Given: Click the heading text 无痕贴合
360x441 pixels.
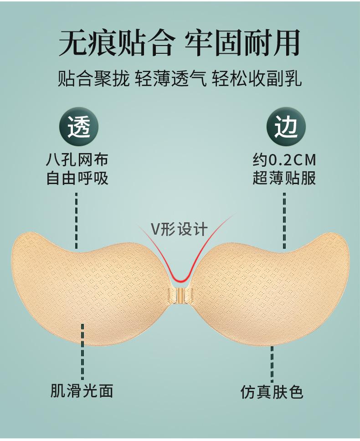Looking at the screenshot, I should (116, 44).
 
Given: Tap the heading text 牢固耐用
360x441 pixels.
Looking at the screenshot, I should (242, 44).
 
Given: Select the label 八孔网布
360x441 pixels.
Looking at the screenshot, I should (77, 160).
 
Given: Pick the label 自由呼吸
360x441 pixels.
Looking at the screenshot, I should (77, 178).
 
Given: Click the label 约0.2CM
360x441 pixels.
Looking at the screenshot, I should (285, 160).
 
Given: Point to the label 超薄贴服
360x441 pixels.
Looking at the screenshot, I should (285, 178).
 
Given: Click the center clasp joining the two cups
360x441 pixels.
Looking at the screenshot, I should (180, 294).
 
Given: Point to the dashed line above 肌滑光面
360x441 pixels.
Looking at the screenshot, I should (82, 351).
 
